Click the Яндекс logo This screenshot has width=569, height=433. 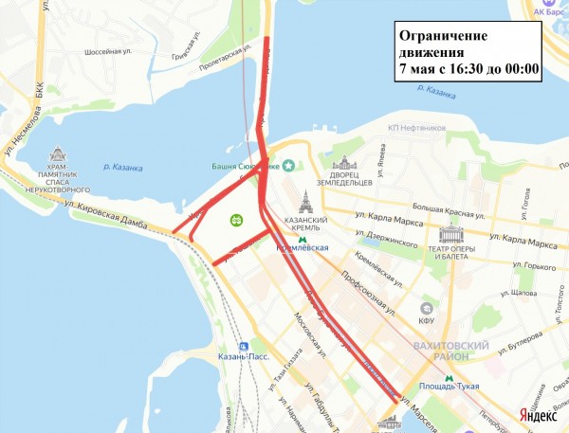click(537, 414)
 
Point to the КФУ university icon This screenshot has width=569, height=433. click(428, 308)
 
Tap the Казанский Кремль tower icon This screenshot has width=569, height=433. click(305, 201)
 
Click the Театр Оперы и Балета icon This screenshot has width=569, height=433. click(450, 234)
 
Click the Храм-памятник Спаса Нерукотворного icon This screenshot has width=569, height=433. click(58, 155)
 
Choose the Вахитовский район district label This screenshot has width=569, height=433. click(451, 352)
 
